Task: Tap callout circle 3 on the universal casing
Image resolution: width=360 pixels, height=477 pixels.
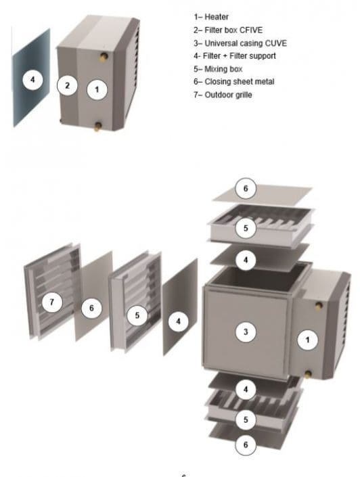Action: (x=246, y=331)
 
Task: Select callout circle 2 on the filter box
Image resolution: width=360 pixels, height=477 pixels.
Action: (x=68, y=85)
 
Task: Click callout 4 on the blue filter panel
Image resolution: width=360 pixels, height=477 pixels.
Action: (x=31, y=80)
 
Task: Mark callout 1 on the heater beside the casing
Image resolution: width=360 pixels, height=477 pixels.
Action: (x=308, y=340)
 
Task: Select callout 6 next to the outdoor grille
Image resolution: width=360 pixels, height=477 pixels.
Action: (x=92, y=308)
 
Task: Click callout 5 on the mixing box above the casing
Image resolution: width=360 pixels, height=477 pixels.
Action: (x=246, y=228)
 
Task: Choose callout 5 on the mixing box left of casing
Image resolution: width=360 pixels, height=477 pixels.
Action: (x=137, y=316)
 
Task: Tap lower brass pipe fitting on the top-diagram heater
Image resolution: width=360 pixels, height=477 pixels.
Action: (x=99, y=124)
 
